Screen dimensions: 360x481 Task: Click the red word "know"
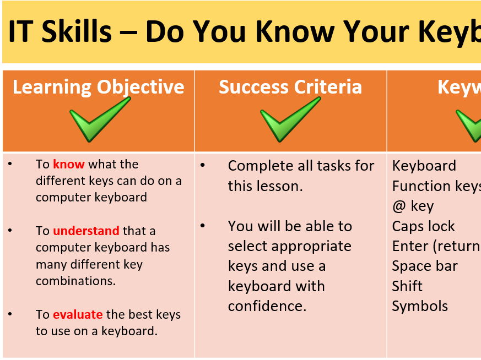69,164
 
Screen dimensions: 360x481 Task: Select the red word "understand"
86,231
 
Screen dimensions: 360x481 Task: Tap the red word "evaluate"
78,315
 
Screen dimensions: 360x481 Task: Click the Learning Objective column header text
99,87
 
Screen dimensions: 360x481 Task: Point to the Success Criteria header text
290,87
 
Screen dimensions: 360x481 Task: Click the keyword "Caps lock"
423,226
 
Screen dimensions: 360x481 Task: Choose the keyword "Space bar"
425,266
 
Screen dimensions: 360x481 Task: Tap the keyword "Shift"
407,286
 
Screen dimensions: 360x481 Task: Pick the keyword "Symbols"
420,306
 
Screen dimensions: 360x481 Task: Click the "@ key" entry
413,206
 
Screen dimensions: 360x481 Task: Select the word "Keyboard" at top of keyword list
424,166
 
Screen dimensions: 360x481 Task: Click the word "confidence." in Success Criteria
267,306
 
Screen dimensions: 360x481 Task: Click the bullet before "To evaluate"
10,314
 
